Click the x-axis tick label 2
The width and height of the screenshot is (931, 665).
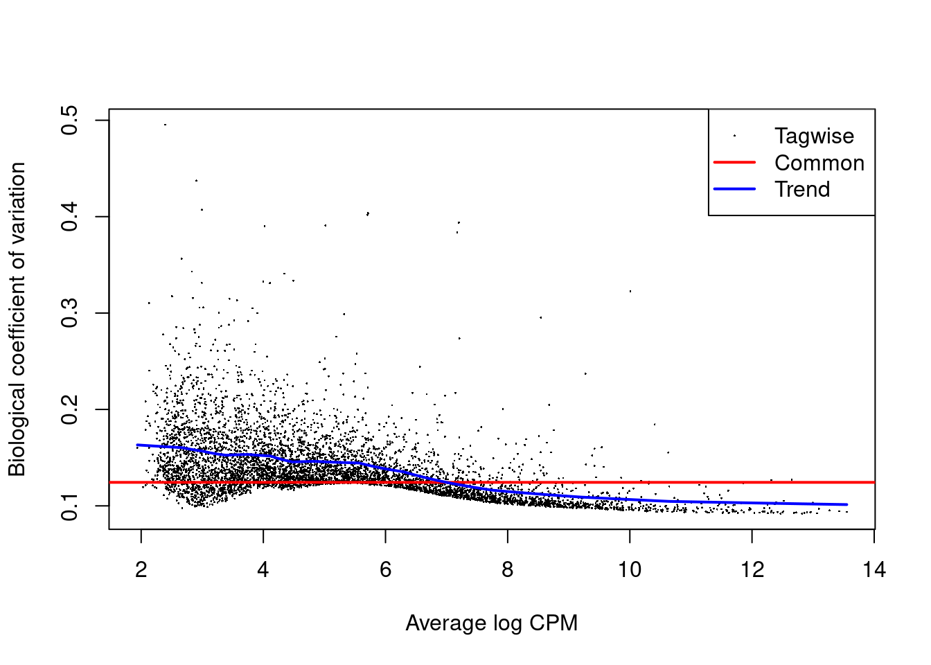(141, 570)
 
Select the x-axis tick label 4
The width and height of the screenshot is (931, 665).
(263, 570)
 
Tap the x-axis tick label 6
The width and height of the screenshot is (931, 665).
(385, 570)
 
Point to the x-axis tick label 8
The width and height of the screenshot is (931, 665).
(508, 570)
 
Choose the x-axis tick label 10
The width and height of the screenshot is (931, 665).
(630, 570)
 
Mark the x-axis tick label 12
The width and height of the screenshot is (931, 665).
(752, 570)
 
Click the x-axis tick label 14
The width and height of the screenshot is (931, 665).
(874, 570)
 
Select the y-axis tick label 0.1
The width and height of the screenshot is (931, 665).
(70, 506)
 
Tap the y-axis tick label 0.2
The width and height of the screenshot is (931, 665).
(70, 410)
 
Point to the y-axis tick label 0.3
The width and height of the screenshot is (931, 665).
(70, 313)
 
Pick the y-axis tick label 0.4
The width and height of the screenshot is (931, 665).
(70, 217)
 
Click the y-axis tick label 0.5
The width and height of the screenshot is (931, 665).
(70, 121)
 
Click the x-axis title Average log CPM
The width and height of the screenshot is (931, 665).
(491, 623)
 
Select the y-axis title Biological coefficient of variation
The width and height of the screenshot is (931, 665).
(17, 319)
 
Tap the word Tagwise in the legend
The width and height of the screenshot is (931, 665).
(814, 136)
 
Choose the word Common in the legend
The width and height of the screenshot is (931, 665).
(819, 163)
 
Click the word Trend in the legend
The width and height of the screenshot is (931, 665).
(802, 189)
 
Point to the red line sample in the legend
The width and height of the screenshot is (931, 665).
(734, 162)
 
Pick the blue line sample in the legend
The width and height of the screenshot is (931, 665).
(734, 188)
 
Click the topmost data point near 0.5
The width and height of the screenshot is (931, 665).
(165, 125)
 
